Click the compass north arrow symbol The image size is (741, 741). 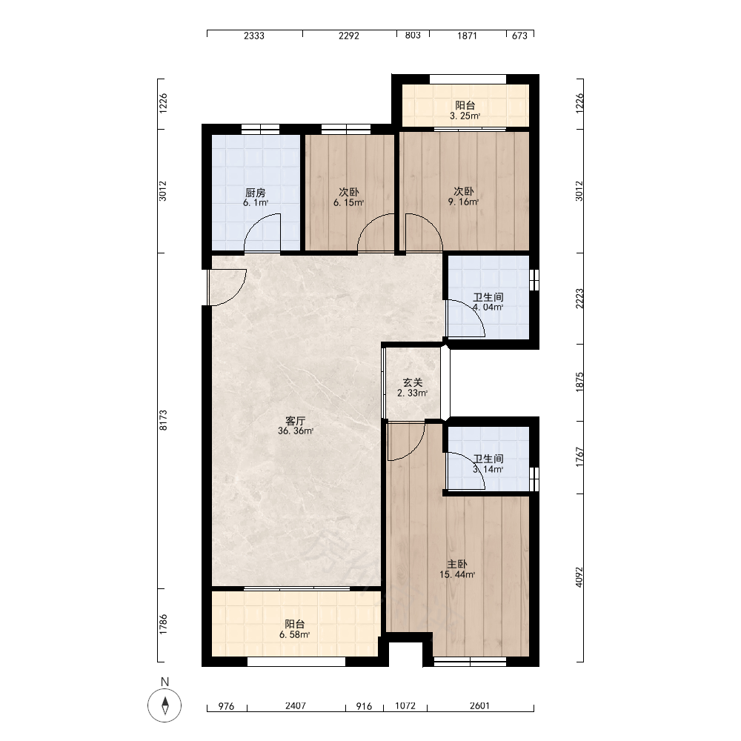pos(165,705)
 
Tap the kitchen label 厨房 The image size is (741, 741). pos(255,193)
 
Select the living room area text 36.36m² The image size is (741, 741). pos(296,431)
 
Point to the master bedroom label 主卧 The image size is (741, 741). pos(457,564)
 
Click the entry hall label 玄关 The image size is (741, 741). pos(413,382)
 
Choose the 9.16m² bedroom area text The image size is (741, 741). pos(464,202)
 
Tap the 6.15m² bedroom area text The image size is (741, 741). pos(349,203)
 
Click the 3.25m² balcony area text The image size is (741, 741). pos(465,116)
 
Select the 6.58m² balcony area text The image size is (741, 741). pos(294,635)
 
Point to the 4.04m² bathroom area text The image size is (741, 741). pos(488,308)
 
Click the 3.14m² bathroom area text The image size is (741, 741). pos(488,469)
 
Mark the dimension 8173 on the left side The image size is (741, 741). pos(163,420)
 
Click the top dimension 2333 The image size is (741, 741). pos(253,36)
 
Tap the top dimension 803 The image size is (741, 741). pos(413,36)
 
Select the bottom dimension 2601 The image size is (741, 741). pos(479,705)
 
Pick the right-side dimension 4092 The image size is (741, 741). pos(579,577)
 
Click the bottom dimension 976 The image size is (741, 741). pos(226,706)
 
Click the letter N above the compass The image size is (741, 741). pos(165,682)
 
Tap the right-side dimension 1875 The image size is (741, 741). pos(579,382)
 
